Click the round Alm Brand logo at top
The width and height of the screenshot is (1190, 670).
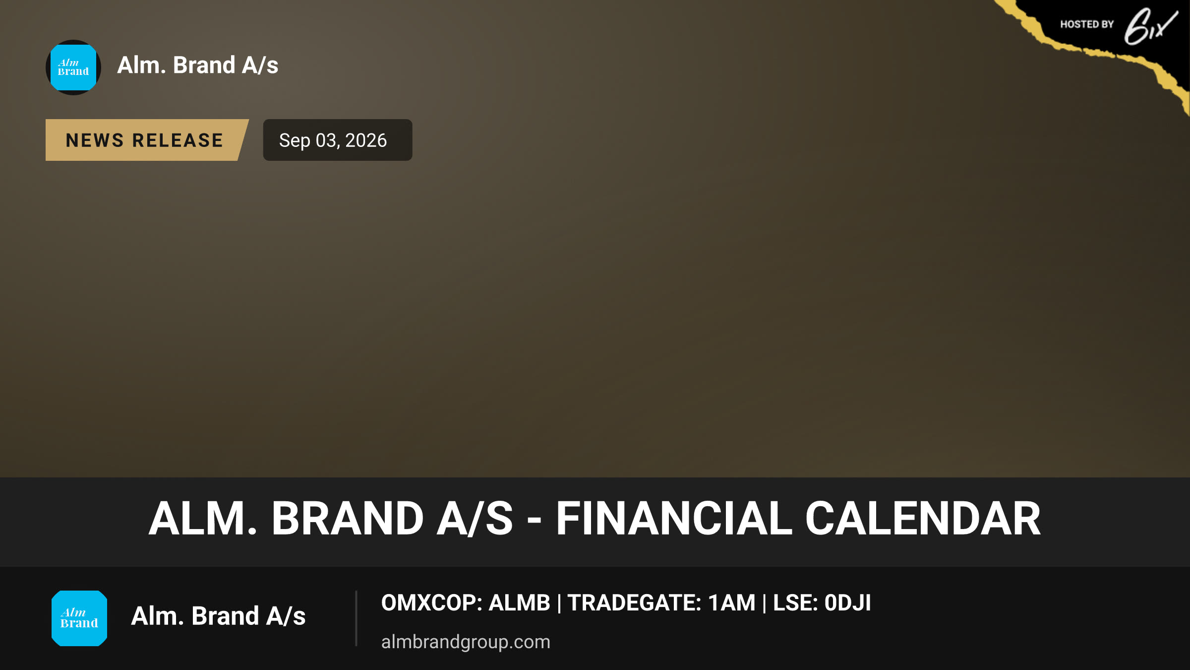click(x=73, y=67)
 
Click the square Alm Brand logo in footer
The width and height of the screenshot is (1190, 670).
click(x=79, y=618)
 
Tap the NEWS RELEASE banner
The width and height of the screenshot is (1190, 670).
click(x=147, y=140)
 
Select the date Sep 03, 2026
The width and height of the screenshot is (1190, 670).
click(x=333, y=140)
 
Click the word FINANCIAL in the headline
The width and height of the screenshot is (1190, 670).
click(x=674, y=519)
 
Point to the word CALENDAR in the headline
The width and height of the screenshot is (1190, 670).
click(x=923, y=519)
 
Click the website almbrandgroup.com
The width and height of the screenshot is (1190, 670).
click(x=466, y=642)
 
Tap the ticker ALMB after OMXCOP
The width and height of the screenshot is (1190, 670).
click(x=520, y=603)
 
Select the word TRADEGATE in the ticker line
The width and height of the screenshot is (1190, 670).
click(x=634, y=603)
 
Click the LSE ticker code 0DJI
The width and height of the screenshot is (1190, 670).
click(x=847, y=603)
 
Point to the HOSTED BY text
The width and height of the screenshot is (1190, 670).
click(x=1087, y=24)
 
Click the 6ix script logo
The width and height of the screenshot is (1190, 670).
click(x=1151, y=26)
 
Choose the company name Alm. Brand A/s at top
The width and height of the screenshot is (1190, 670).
click(x=198, y=66)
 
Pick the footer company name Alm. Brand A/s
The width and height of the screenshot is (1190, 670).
click(x=218, y=616)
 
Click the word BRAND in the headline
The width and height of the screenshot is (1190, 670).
click(x=348, y=519)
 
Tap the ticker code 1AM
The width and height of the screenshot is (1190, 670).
click(x=732, y=603)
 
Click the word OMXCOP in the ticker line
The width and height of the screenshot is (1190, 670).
click(x=429, y=603)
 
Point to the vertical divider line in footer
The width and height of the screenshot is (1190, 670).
click(x=356, y=618)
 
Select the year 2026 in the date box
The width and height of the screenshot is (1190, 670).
click(x=366, y=140)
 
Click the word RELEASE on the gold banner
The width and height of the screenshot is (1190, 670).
click(x=178, y=140)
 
